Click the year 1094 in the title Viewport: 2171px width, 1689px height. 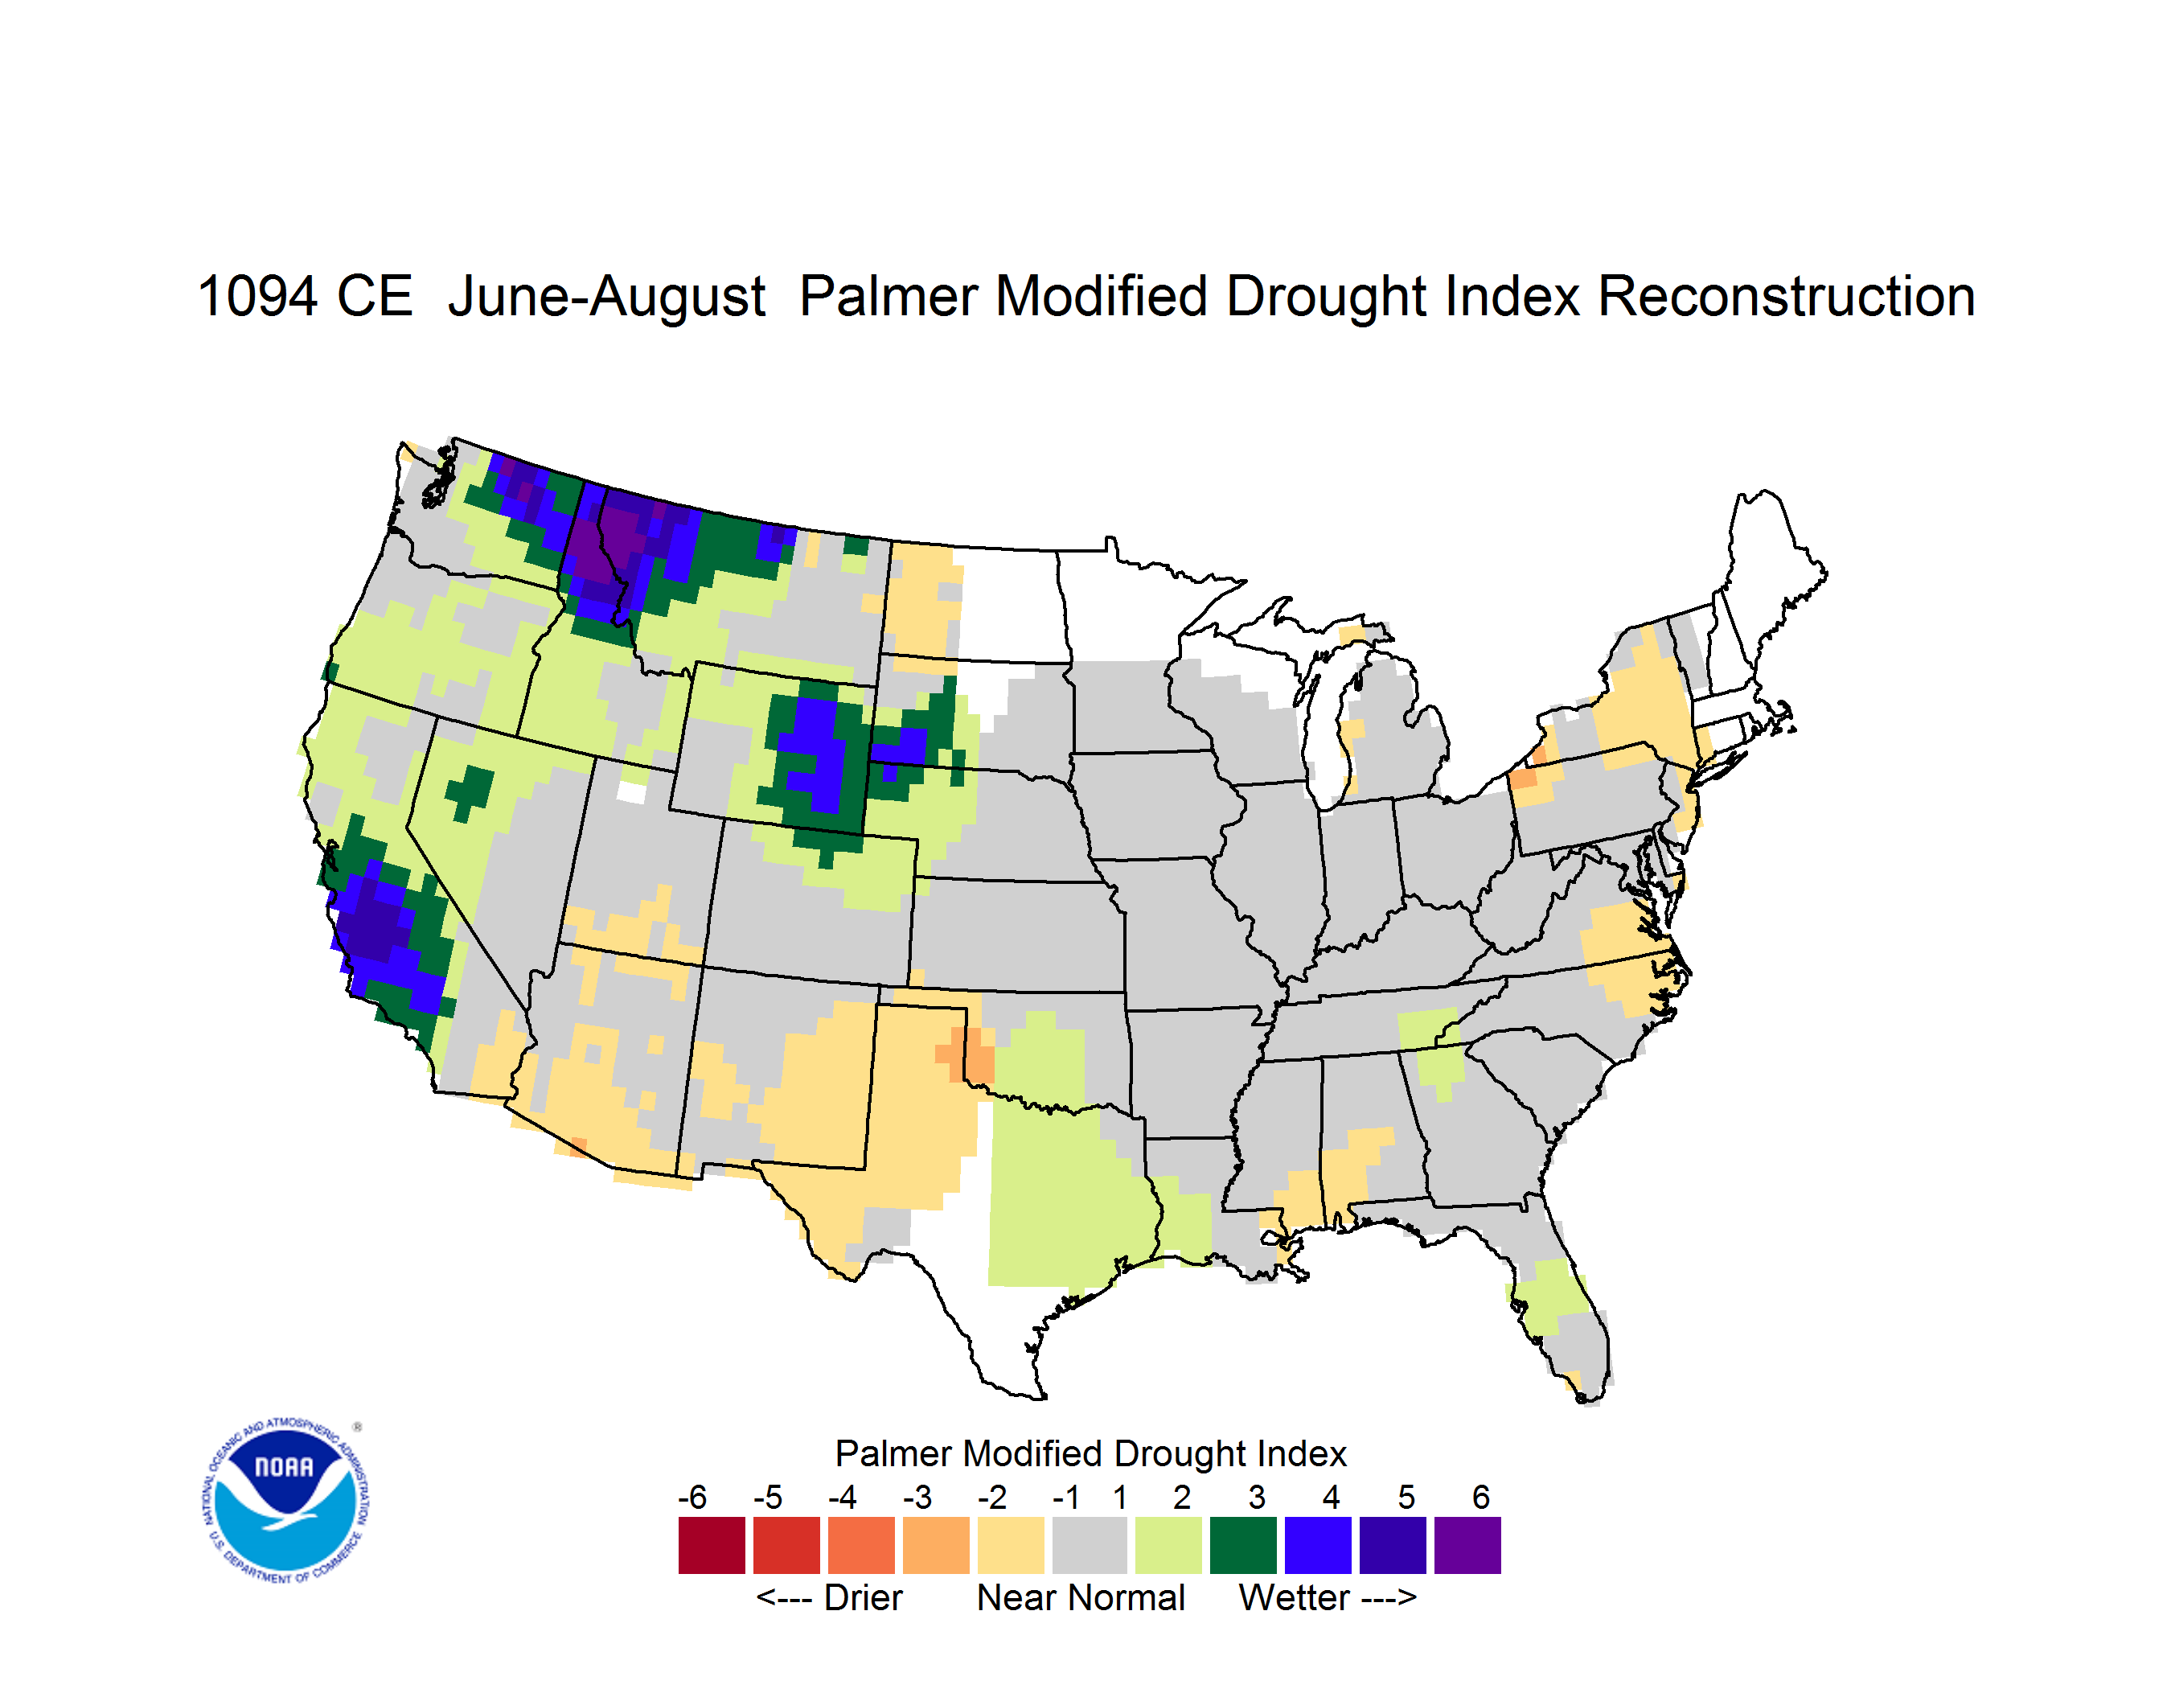coord(257,296)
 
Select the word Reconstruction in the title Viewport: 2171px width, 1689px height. coord(1785,296)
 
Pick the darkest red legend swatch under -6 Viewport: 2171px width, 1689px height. coord(712,1545)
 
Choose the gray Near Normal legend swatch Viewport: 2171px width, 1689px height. coord(1090,1545)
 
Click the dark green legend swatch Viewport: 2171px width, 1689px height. coord(1242,1545)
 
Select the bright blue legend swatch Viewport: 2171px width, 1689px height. coord(1318,1545)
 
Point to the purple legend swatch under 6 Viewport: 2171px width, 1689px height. coord(1467,1545)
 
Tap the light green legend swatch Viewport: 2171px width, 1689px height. coord(1168,1545)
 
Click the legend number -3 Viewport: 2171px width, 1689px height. coord(917,1497)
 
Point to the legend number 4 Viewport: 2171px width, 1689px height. coord(1331,1497)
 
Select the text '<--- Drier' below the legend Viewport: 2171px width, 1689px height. coord(829,1597)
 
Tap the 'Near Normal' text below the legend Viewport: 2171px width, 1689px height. coord(1081,1597)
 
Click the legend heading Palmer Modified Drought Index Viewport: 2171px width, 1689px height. coord(1090,1453)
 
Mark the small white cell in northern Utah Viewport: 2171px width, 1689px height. coord(631,792)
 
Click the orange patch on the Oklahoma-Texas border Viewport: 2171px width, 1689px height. coord(967,1054)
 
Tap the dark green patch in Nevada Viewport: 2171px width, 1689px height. coord(470,791)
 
